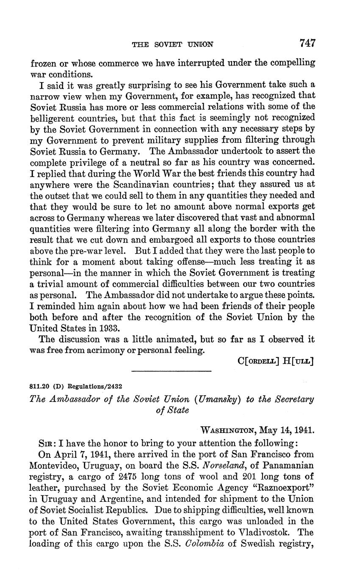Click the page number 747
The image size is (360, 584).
tap(307, 43)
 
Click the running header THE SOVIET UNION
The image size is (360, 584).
tap(172, 44)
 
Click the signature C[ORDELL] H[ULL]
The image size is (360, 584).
tap(275, 361)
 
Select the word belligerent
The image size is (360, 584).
tap(53, 117)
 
